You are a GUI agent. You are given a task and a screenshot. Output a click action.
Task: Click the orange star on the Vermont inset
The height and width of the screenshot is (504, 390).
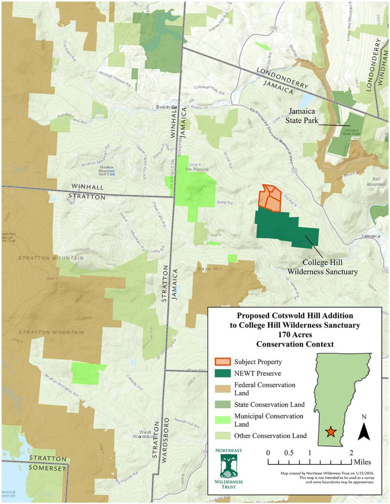331,432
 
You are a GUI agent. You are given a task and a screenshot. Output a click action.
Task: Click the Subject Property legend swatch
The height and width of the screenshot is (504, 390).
223,362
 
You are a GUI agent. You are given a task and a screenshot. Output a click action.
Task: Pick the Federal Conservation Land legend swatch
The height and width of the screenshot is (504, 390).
223,386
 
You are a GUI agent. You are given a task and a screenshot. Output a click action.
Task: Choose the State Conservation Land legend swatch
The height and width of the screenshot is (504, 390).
223,405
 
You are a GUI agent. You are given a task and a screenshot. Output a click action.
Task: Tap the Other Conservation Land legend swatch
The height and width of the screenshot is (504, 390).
223,435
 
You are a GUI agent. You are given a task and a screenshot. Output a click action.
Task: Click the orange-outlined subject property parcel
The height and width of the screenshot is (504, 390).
270,198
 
